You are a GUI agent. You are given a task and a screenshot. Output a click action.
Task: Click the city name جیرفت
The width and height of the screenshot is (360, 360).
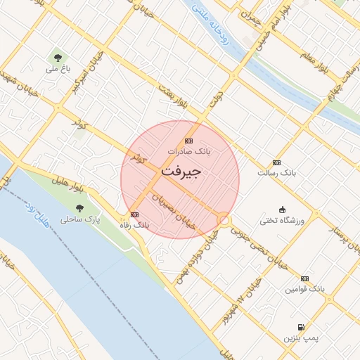[x=181, y=171]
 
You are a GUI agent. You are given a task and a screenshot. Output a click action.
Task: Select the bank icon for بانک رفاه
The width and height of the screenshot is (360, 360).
[x=134, y=214]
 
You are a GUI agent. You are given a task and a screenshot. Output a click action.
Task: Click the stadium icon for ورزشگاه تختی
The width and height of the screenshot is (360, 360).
[x=282, y=209]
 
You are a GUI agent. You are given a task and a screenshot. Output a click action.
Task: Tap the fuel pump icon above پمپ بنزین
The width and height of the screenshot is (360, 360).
[x=301, y=327]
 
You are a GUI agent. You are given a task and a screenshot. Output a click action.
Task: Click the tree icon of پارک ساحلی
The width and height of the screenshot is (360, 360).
[x=79, y=208]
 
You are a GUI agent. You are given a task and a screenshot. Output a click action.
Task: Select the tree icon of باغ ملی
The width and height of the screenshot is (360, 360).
[x=57, y=57]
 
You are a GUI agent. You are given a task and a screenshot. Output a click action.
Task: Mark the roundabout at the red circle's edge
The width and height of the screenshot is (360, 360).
[x=224, y=221]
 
